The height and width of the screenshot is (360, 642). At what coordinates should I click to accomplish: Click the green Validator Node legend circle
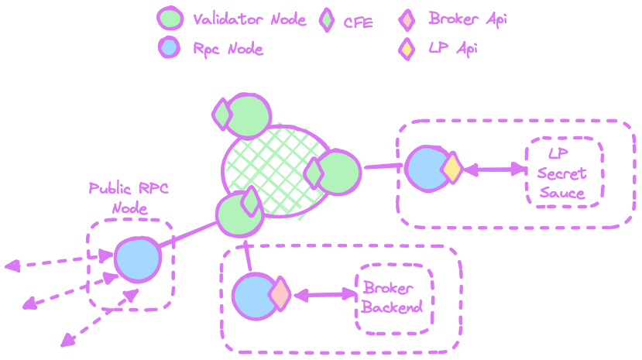(170, 19)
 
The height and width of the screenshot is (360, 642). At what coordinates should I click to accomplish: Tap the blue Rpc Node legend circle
(169, 47)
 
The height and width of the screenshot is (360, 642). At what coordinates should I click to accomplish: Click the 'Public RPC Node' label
(129, 198)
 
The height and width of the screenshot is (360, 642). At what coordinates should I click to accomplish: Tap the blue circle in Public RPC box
(138, 259)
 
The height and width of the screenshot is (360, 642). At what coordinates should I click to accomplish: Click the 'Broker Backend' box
(393, 298)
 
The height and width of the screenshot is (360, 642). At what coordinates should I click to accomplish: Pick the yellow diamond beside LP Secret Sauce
(451, 168)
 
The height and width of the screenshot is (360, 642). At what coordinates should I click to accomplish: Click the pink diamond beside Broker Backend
(279, 294)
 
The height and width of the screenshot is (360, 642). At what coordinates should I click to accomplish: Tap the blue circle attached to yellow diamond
(426, 167)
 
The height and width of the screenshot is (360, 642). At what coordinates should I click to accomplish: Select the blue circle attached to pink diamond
(254, 296)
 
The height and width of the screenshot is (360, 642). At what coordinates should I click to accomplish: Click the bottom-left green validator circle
(238, 214)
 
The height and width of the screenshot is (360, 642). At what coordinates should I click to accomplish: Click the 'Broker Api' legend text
(467, 19)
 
